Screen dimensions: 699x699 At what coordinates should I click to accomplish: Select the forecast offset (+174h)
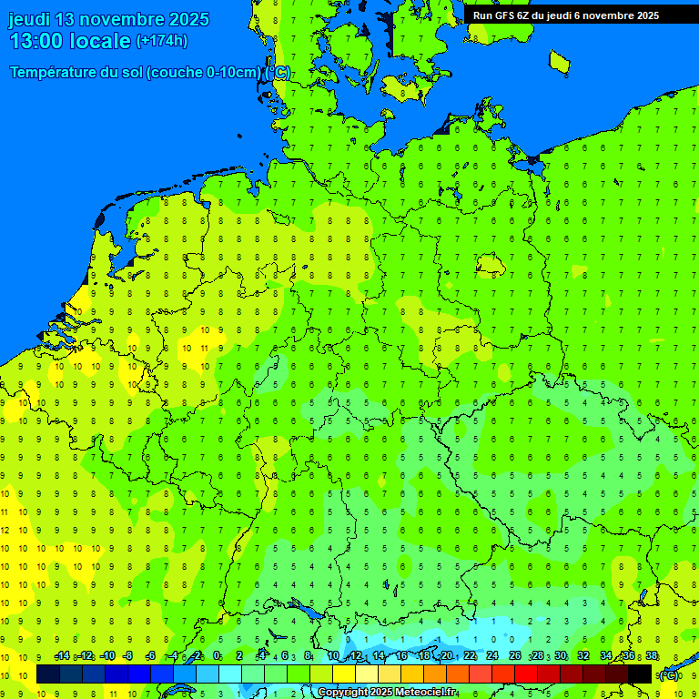pos(162,41)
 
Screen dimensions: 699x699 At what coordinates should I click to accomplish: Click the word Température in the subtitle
pos(55,73)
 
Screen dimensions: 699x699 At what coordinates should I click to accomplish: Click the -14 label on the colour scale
pos(62,656)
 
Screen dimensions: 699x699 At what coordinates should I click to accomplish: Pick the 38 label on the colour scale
pos(652,656)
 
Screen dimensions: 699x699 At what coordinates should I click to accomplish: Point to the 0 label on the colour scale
pos(217,656)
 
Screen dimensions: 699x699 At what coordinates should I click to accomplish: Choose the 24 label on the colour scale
pos(492,656)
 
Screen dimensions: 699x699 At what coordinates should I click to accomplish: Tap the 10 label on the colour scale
pos(333,656)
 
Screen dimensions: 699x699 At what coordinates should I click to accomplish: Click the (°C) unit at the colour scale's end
pos(669,674)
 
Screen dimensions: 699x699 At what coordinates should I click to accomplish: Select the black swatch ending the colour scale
pos(640,674)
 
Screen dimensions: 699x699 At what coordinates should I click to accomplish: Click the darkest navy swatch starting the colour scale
pos(48,674)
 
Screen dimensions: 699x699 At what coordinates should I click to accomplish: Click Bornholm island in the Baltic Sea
pos(560,62)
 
